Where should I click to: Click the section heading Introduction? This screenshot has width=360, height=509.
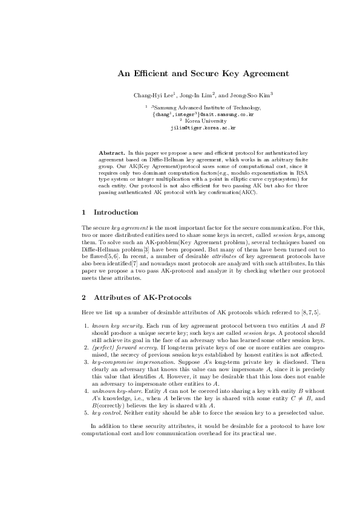click(x=116, y=212)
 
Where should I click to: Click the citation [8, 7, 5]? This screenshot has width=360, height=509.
click(x=311, y=312)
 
